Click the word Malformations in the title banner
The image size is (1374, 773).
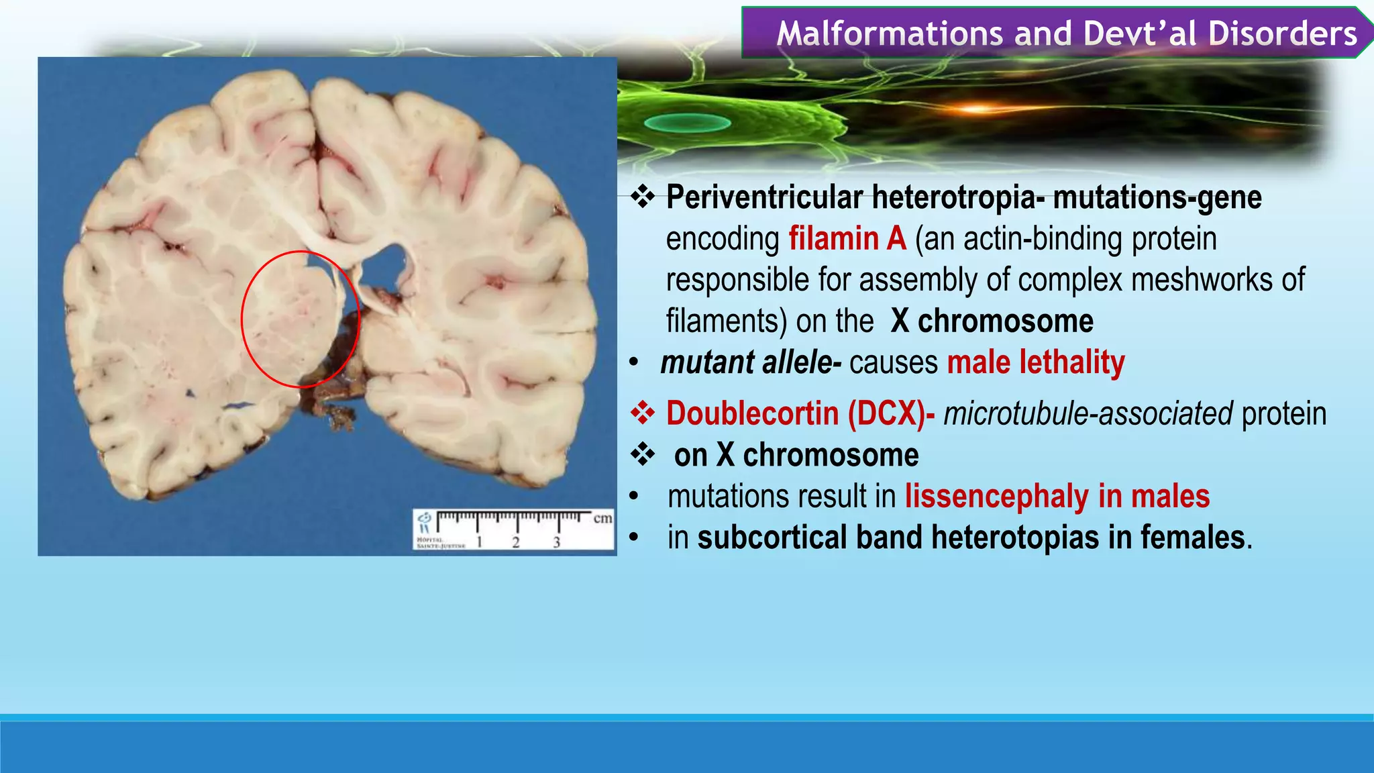890,34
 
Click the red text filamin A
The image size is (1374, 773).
847,239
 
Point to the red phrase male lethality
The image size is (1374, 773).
1035,362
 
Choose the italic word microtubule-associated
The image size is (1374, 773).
1088,413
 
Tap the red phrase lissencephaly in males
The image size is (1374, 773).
1057,497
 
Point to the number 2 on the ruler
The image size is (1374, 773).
516,542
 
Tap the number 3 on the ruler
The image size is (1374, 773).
556,542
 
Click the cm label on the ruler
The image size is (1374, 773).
602,518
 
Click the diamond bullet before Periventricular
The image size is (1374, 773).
643,197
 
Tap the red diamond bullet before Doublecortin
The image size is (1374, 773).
643,413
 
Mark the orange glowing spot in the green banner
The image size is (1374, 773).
976,108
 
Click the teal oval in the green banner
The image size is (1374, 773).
687,123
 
